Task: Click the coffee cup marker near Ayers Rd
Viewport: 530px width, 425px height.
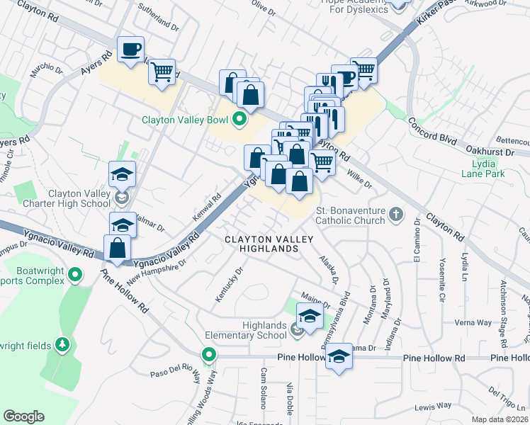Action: click(131, 50)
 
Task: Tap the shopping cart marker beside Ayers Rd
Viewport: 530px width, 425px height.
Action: click(162, 72)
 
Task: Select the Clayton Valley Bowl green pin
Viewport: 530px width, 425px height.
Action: click(239, 119)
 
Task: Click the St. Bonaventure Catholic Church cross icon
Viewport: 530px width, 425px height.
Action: click(396, 212)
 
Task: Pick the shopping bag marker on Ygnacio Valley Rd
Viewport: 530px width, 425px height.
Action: click(118, 249)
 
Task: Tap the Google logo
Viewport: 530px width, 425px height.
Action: click(23, 416)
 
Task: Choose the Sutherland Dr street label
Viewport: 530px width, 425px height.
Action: click(161, 21)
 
